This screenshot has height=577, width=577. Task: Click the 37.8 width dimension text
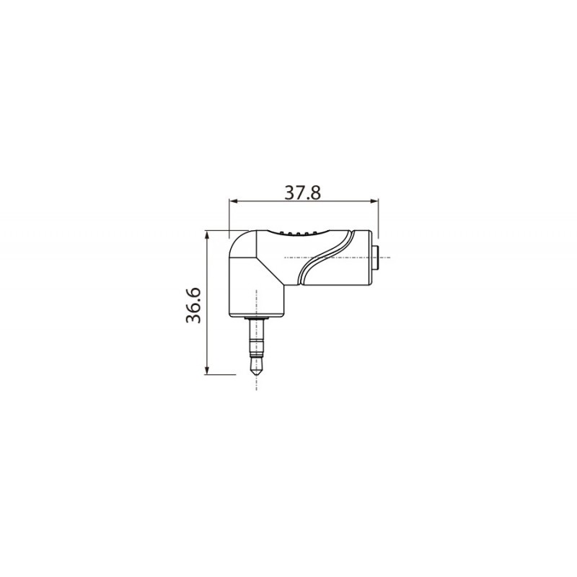pyautogui.click(x=302, y=193)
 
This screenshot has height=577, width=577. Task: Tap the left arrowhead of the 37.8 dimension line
pyautogui.click(x=232, y=203)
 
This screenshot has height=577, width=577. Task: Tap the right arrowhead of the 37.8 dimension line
pyautogui.click(x=375, y=203)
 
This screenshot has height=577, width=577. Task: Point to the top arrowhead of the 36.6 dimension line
pyautogui.click(x=208, y=234)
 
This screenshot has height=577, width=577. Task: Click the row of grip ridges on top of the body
pyautogui.click(x=299, y=233)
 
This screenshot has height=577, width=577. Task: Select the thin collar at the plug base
pyautogui.click(x=256, y=318)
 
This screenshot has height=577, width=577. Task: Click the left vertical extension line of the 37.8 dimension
pyautogui.click(x=229, y=216)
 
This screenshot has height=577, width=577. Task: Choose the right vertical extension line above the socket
pyautogui.click(x=378, y=216)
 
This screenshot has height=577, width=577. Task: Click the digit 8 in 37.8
pyautogui.click(x=314, y=193)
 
